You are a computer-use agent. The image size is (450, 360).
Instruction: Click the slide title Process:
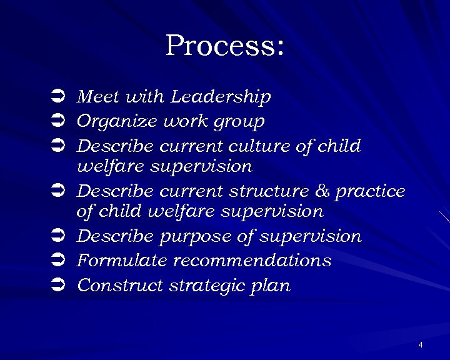point(225,46)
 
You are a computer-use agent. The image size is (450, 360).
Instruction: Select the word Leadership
point(221,97)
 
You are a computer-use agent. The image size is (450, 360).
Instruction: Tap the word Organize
point(117,121)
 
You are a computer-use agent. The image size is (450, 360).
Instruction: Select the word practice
point(370,191)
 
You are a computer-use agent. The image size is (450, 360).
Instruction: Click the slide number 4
point(421,345)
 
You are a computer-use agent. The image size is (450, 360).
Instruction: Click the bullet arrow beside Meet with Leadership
point(55,97)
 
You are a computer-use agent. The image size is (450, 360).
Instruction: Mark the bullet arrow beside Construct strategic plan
point(55,286)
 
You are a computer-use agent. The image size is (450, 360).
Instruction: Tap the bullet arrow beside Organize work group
point(55,121)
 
